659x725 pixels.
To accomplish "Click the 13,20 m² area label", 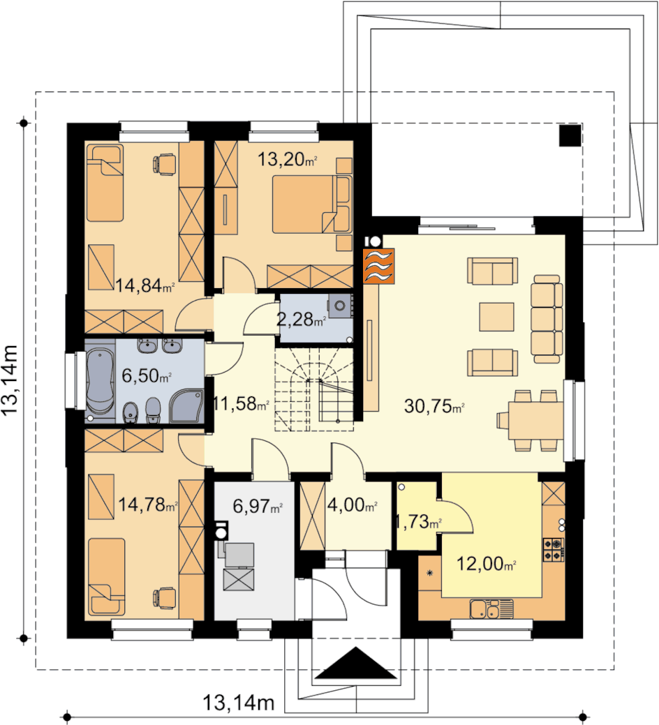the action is point(287,160).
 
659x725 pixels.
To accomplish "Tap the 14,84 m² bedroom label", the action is point(145,286).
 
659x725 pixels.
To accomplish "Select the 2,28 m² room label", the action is point(302,319).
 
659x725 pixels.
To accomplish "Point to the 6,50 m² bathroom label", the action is point(147,375).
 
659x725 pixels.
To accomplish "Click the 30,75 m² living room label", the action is point(434,406).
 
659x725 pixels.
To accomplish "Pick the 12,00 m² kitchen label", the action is point(486,564).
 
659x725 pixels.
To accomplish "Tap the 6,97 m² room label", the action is point(258,507).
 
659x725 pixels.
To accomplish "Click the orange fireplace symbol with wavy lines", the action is point(379,265).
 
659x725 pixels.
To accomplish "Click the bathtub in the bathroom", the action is point(100,380).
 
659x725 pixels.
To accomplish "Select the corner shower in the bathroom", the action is point(186,406).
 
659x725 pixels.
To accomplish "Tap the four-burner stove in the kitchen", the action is point(554,549).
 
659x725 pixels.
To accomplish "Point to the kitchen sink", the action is point(491,609).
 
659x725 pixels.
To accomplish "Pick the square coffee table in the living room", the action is point(496,317).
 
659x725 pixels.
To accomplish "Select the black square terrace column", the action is point(570,135).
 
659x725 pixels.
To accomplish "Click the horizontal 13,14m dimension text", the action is point(239,703).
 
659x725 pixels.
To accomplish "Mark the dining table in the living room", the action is point(536,421).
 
